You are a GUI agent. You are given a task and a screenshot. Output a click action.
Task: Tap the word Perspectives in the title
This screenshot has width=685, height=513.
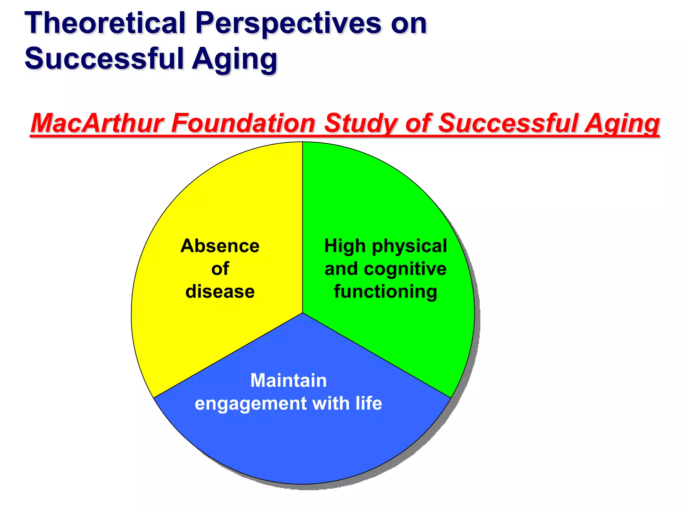coord(288,23)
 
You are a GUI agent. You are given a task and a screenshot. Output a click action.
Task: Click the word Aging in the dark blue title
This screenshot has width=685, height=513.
coord(234,59)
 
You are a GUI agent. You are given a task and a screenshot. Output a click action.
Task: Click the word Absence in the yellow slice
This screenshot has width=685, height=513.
coord(220,246)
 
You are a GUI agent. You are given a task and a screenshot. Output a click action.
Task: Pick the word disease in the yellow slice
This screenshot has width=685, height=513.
coord(220,292)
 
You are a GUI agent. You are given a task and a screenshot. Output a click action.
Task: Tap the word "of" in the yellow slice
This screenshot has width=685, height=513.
coord(220,269)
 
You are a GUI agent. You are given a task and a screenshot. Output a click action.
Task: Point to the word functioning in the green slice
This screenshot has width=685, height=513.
coord(385,292)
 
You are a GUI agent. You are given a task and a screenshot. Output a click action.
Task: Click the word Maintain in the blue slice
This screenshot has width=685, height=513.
coord(288,380)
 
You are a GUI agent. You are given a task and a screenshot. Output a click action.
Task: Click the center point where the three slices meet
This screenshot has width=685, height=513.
coord(303,313)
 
